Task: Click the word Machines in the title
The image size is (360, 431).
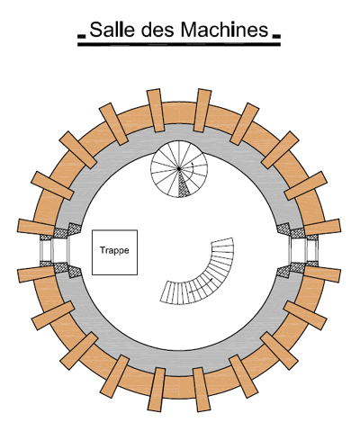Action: pyautogui.click(x=224, y=30)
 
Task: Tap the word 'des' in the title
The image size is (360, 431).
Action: pyautogui.click(x=157, y=30)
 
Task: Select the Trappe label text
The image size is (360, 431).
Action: pyautogui.click(x=114, y=250)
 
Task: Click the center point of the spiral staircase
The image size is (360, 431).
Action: pyautogui.click(x=179, y=169)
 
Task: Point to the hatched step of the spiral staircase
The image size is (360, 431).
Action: pyautogui.click(x=184, y=186)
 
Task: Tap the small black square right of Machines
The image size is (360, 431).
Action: pyautogui.click(x=276, y=37)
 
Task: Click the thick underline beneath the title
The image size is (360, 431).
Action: pyautogui.click(x=179, y=44)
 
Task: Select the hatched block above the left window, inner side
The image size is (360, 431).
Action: pyautogui.click(x=75, y=229)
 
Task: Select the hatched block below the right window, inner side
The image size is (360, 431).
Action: pyautogui.click(x=283, y=272)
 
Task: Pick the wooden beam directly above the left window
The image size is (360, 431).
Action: pyautogui.click(x=36, y=227)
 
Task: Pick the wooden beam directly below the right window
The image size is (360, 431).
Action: pyautogui.click(x=322, y=274)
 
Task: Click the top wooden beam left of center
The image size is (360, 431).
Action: pyautogui.click(x=156, y=110)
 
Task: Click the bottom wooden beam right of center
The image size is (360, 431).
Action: pyautogui.click(x=202, y=390)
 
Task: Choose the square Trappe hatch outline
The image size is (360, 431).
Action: pyautogui.click(x=114, y=230)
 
